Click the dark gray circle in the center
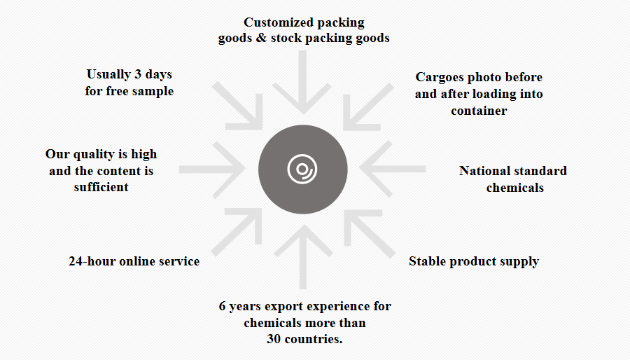point(303,169)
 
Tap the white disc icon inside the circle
point(302,169)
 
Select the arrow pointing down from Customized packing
point(303,83)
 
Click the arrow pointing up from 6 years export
point(303,256)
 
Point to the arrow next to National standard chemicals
point(393,169)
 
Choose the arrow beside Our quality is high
point(212,169)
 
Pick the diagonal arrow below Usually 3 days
point(237,106)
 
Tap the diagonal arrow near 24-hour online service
point(237,233)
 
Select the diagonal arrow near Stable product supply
point(370,233)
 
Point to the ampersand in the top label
point(262,38)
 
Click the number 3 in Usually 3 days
point(138,74)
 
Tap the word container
point(479,111)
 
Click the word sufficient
point(101,187)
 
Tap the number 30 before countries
point(274,339)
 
